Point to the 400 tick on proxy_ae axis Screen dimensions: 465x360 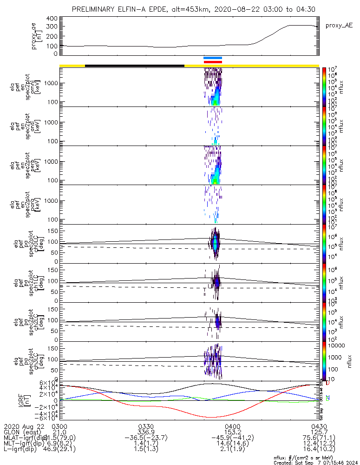point(52,19)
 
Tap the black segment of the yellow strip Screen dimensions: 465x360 point(135,66)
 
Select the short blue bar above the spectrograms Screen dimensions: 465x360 point(213,58)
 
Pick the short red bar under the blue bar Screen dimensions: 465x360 point(213,62)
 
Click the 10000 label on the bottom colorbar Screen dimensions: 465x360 point(337,345)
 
